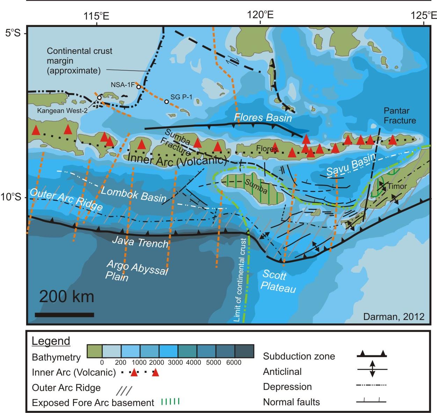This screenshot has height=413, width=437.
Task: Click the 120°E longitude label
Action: [x=260, y=15]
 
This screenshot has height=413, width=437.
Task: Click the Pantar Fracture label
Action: [x=400, y=116]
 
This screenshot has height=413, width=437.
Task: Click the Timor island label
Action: [x=397, y=186]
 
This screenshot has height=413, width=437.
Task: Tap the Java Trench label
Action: [x=140, y=241]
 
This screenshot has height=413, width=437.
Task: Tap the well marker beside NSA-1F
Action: [x=139, y=87]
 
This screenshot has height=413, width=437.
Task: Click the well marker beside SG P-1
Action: [x=167, y=102]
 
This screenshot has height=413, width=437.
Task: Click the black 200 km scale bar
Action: [x=65, y=315]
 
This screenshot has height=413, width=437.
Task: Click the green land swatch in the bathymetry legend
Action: [x=94, y=351]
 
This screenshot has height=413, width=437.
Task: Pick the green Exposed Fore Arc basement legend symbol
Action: [x=170, y=401]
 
